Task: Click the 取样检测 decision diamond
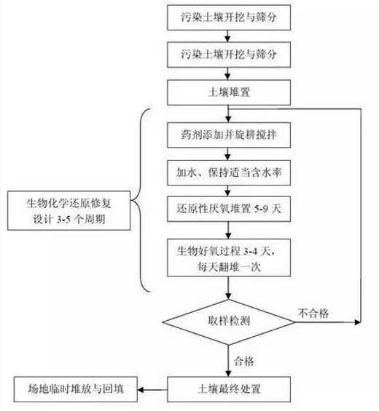tap(229, 320)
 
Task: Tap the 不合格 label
tap(314, 313)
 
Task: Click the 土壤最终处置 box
tap(229, 386)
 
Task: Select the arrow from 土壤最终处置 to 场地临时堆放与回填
tap(155, 387)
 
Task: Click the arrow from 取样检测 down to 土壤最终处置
tap(229, 357)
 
